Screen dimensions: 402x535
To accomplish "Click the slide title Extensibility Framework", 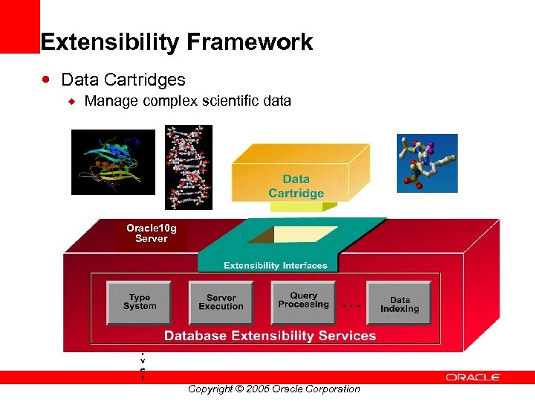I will click(x=177, y=42).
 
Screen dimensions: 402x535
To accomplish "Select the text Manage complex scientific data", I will click(x=187, y=100).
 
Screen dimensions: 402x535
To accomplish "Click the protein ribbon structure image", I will click(x=113, y=162).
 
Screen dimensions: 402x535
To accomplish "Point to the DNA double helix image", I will click(x=188, y=167).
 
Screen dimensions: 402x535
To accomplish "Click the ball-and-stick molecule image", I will click(x=427, y=163).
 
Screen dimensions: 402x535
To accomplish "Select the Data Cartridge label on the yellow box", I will click(x=296, y=186).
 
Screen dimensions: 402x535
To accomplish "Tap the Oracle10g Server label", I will click(x=152, y=233).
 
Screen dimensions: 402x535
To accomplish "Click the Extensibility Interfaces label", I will click(x=276, y=265).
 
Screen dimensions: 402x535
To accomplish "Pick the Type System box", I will click(x=139, y=301).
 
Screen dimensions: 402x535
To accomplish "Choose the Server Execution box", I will click(x=221, y=301).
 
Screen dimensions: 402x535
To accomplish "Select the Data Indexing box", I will click(x=399, y=304).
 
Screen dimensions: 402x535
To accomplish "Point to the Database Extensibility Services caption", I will click(x=270, y=336).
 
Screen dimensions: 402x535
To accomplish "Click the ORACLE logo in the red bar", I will click(x=473, y=377).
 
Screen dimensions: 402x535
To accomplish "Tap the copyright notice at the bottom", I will click(x=273, y=389).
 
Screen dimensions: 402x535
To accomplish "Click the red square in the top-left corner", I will click(x=19, y=26).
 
